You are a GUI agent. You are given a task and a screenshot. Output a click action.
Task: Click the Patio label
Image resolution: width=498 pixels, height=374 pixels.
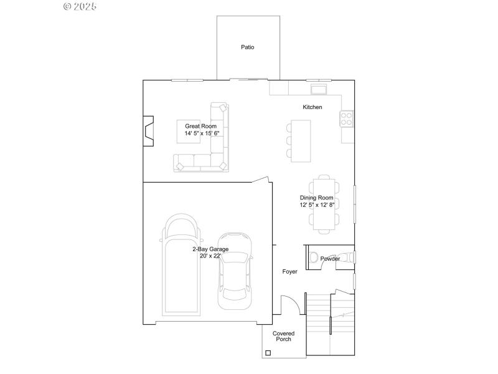point(248,47)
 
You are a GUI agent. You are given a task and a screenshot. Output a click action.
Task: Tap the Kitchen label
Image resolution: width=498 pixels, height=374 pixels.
point(312,107)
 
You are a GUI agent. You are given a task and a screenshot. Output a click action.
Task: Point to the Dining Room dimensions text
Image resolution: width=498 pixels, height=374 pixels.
point(317,204)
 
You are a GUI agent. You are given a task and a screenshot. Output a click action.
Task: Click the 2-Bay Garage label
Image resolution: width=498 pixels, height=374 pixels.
point(210,249)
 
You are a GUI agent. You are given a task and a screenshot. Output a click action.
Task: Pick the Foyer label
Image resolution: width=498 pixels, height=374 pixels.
point(289,272)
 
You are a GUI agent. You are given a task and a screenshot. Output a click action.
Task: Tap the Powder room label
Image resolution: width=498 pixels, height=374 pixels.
point(330,259)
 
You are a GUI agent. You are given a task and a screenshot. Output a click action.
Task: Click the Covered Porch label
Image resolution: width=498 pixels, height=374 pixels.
point(284,336)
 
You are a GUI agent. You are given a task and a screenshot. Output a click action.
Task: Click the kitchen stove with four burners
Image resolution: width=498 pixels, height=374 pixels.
point(347,117)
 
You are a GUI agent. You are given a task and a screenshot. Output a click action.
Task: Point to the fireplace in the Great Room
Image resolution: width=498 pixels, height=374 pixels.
point(148,131)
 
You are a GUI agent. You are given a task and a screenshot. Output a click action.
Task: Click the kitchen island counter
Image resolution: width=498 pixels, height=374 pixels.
point(301,140)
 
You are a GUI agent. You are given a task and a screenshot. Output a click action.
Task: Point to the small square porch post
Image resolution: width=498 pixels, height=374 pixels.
point(268,353)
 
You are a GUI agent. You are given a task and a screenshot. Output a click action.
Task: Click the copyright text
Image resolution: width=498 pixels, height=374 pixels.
point(80,6)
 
